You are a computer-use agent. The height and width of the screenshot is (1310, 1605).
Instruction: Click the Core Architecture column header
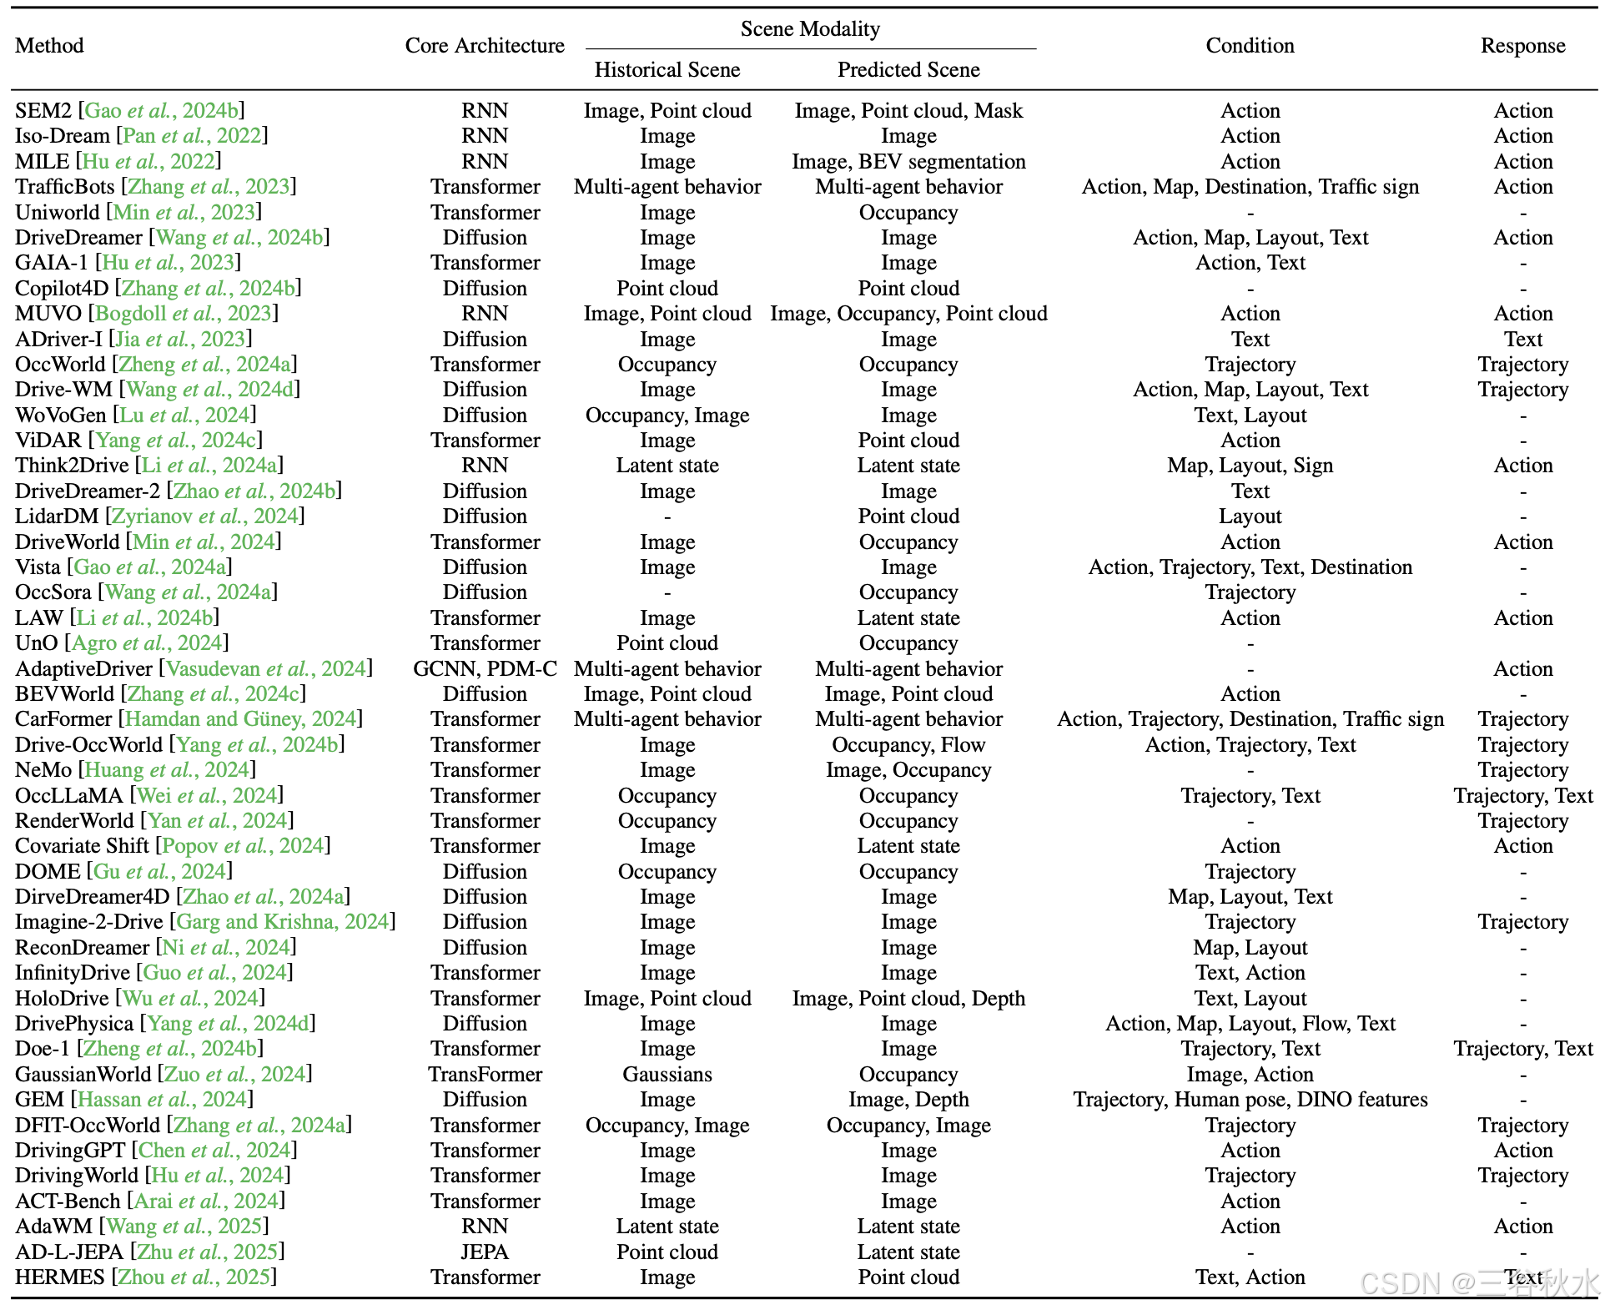(x=485, y=46)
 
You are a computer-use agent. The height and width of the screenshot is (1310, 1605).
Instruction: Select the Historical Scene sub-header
(x=667, y=70)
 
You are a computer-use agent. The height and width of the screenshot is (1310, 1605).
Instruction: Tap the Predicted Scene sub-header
(x=908, y=70)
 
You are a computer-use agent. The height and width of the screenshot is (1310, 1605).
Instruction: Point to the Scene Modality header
(x=810, y=29)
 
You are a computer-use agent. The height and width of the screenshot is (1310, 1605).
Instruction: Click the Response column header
(x=1522, y=46)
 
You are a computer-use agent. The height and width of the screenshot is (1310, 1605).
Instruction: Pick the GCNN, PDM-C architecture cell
(x=485, y=669)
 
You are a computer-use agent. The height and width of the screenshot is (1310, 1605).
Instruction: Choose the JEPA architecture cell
(x=485, y=1252)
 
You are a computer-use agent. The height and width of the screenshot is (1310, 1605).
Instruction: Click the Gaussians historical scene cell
(x=667, y=1075)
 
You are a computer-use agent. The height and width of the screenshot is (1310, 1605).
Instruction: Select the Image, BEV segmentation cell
(x=908, y=162)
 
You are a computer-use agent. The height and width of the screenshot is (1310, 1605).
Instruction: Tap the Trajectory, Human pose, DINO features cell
(x=1250, y=1100)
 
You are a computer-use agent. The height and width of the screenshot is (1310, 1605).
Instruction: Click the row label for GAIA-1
(x=52, y=263)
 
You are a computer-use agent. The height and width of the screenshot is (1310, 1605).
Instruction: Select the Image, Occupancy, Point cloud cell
(x=908, y=314)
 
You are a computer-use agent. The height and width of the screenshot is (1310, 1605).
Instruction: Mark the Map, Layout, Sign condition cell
(x=1250, y=466)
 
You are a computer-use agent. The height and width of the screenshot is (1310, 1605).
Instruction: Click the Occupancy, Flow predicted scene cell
(x=908, y=745)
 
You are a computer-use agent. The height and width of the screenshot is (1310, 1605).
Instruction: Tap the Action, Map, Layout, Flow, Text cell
(x=1250, y=1024)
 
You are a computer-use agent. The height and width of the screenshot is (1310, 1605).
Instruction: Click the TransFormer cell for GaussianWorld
(x=485, y=1075)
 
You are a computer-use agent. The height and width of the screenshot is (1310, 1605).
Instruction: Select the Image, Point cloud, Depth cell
(x=908, y=999)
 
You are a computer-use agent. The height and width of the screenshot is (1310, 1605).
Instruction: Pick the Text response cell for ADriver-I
(x=1522, y=340)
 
